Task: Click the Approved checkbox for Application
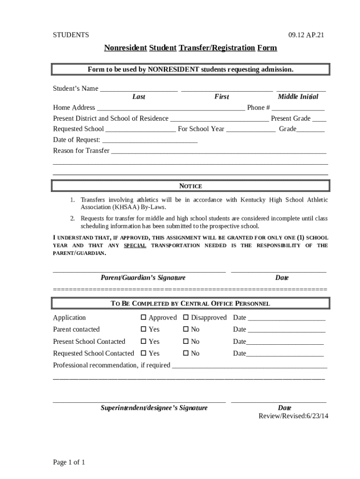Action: click(x=144, y=318)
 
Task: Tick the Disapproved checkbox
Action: click(x=186, y=318)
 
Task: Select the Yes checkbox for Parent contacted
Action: click(x=144, y=329)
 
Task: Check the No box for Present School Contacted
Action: click(x=186, y=341)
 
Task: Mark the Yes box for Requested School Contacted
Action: click(x=144, y=353)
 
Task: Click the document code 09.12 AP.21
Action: click(x=306, y=35)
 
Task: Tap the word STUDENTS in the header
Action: click(x=71, y=35)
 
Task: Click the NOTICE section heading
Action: click(x=190, y=186)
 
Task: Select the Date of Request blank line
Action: click(x=150, y=140)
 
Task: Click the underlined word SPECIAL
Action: click(x=135, y=246)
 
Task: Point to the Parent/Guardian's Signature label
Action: click(x=143, y=277)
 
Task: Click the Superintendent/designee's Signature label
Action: click(x=154, y=407)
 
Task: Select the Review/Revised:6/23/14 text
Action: click(x=293, y=415)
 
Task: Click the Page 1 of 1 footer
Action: click(x=69, y=463)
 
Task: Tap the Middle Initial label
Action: click(x=298, y=97)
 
